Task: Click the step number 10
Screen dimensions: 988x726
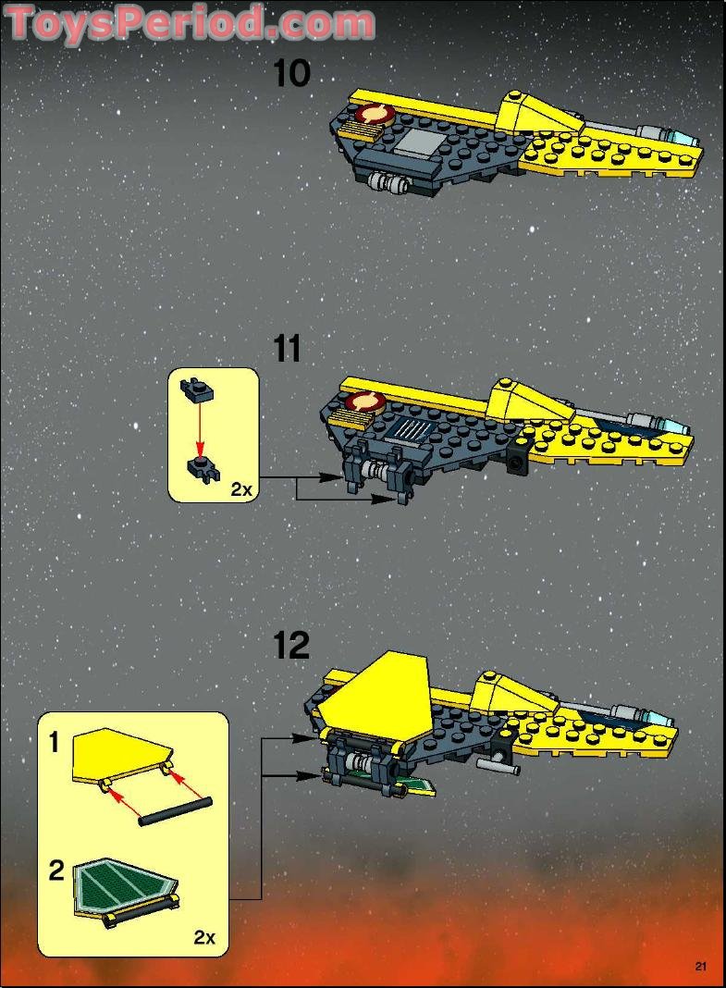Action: pos(291,74)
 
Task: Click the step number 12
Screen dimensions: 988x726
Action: pos(291,646)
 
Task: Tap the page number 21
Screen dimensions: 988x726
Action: pos(700,968)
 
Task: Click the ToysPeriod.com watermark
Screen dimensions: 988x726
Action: pos(191,23)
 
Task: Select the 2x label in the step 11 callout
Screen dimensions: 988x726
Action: pos(240,489)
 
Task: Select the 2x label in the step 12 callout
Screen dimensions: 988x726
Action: pos(204,937)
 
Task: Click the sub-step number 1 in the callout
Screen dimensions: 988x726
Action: pos(55,743)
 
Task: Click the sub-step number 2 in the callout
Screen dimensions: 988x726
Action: pos(56,871)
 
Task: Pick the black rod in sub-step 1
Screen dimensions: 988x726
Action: pos(176,809)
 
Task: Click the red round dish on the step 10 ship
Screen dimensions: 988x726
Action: pos(375,117)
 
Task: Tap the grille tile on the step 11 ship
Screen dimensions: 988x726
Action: pos(413,429)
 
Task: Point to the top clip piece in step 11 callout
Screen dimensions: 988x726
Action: pos(198,389)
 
